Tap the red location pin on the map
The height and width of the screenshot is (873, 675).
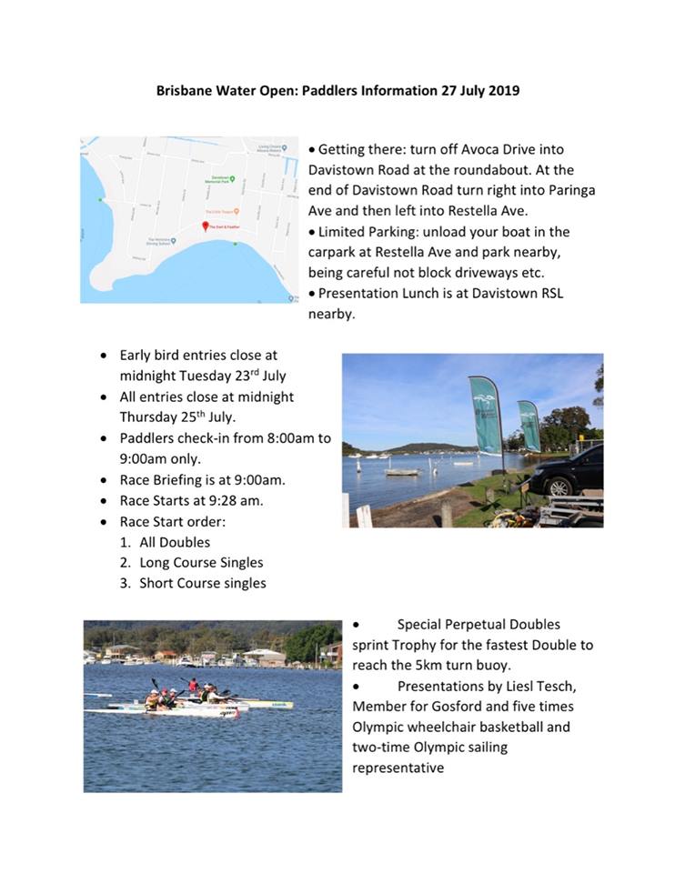pyautogui.click(x=205, y=226)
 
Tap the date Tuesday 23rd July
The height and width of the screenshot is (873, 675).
pyautogui.click(x=215, y=376)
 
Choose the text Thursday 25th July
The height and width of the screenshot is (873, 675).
pyautogui.click(x=176, y=416)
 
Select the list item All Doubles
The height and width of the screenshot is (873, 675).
pyautogui.click(x=175, y=542)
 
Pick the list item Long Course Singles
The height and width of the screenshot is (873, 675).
pyautogui.click(x=201, y=563)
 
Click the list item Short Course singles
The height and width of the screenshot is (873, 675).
pyautogui.click(x=203, y=584)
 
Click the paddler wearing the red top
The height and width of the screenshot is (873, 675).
pyautogui.click(x=193, y=684)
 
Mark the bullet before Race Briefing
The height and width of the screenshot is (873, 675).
pyautogui.click(x=106, y=479)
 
